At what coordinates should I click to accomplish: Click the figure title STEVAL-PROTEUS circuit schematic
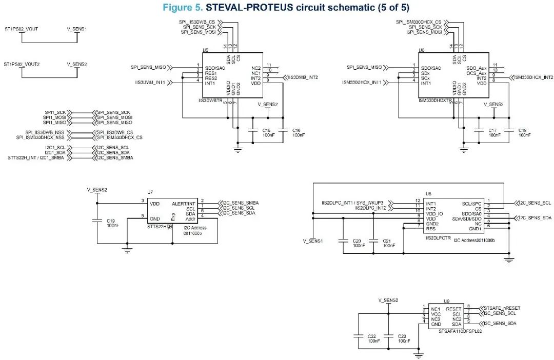click(x=286, y=7)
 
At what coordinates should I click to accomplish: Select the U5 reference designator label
click(x=205, y=51)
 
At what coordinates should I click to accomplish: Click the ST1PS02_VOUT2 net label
click(x=22, y=65)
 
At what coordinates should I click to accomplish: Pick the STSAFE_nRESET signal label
click(x=502, y=308)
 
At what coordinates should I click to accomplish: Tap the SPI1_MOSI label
click(x=55, y=117)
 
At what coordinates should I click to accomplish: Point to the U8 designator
click(x=429, y=194)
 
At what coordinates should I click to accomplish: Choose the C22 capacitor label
click(x=373, y=336)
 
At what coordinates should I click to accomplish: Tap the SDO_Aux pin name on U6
click(x=476, y=68)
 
